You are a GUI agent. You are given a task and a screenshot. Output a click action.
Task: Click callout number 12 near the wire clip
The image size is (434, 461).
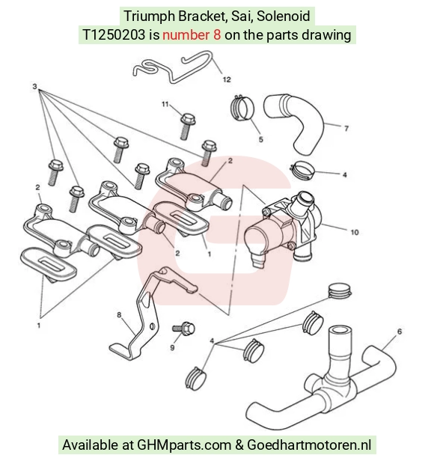tap(227, 79)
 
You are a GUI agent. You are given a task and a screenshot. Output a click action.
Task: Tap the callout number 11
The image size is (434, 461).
tap(165, 104)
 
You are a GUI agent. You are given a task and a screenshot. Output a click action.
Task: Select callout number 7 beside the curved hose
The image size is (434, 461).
tap(346, 129)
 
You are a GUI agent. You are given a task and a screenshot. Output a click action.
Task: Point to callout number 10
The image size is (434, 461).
tap(355, 232)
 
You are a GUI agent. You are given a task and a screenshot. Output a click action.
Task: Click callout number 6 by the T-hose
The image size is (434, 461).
tap(400, 332)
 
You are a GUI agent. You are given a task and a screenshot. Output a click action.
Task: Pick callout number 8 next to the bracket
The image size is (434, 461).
tap(119, 315)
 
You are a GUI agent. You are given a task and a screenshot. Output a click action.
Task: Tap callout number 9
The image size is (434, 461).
tap(172, 347)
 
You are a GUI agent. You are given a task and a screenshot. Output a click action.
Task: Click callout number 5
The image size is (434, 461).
tap(261, 139)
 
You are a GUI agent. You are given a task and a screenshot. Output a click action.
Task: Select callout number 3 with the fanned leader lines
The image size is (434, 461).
tap(34, 87)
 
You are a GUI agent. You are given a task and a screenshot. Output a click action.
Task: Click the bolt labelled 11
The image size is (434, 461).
tap(187, 126)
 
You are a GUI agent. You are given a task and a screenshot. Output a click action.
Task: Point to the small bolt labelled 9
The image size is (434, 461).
tap(184, 328)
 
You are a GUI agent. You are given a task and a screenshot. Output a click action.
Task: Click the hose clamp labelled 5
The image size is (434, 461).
tap(242, 108)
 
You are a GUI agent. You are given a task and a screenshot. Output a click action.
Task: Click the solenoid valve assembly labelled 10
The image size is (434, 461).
tap(282, 229)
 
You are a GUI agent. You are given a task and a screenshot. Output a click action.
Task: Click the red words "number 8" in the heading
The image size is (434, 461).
tap(192, 35)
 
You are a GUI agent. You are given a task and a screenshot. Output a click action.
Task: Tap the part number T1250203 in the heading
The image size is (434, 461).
tap(114, 35)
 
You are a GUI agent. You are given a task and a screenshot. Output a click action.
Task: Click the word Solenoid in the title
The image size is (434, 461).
tap(284, 16)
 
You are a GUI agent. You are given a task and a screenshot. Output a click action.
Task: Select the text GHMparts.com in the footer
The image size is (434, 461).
tap(184, 445)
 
